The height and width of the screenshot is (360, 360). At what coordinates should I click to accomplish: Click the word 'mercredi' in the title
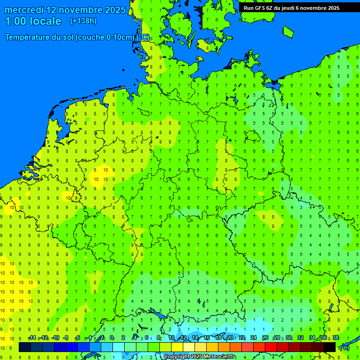tap(24, 10)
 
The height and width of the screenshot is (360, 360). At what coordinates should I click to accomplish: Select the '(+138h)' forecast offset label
tap(83, 21)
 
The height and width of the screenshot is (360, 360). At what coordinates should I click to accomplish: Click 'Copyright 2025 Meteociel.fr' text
tap(200, 357)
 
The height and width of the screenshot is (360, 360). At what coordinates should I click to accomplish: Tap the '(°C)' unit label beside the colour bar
tap(344, 348)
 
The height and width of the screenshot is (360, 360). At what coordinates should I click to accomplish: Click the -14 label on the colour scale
tap(32, 338)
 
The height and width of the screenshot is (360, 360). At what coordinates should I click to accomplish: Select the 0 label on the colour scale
tap(112, 338)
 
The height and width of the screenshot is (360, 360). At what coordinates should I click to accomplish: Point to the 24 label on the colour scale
tap(254, 338)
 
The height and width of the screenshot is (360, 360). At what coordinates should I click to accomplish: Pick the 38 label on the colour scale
tap(336, 338)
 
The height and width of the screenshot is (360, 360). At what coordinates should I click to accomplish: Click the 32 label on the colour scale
tap(300, 338)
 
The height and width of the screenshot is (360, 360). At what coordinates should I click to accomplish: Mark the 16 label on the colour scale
tap(207, 338)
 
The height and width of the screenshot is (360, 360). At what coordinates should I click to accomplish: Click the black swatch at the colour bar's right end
tap(330, 347)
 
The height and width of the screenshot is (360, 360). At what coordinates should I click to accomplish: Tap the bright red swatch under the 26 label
tap(271, 347)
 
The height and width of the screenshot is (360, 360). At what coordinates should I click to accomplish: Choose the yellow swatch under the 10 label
tap(177, 347)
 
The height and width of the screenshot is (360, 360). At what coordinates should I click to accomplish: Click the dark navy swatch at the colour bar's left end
tap(25, 347)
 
